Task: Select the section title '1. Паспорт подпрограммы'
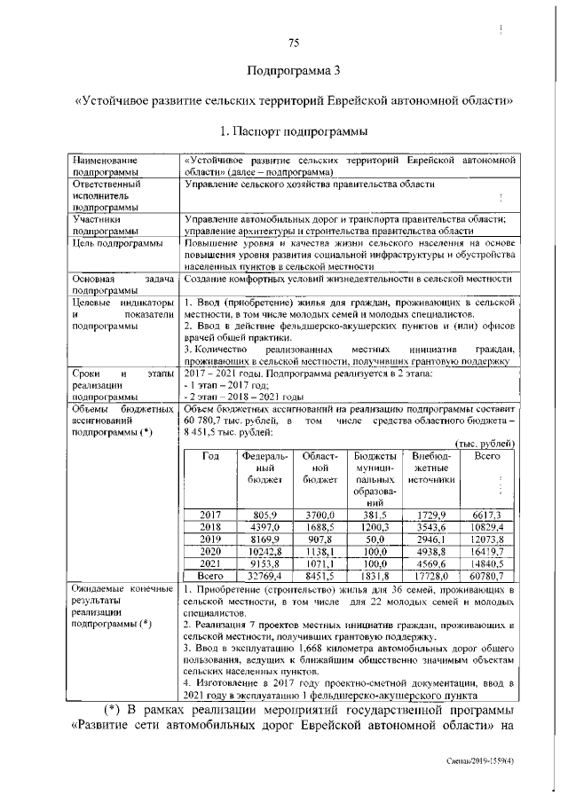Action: coord(292,131)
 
